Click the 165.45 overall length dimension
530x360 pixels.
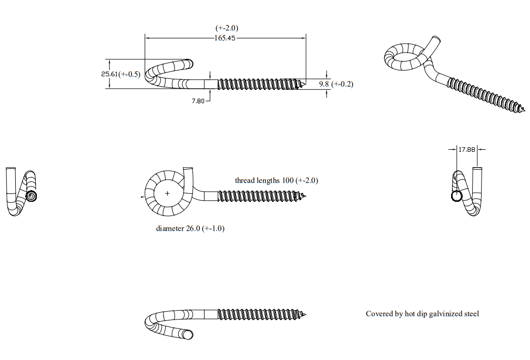click(225, 38)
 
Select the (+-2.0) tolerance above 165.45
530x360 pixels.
click(227, 28)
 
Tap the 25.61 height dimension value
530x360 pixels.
click(109, 74)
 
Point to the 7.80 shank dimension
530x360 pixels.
click(198, 101)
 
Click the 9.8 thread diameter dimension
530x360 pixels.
click(324, 84)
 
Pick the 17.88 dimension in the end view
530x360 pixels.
click(467, 149)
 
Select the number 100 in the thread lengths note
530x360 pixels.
click(288, 180)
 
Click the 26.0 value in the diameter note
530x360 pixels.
click(193, 229)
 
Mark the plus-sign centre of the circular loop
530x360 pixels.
click(167, 193)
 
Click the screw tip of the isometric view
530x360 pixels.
click(524, 110)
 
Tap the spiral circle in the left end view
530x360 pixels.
click(31, 196)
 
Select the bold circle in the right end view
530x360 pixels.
click(456, 196)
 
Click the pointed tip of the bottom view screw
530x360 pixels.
click(305, 315)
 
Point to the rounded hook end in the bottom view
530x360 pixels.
click(189, 335)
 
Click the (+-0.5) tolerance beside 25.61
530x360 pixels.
click(129, 74)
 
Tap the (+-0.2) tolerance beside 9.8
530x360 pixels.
click(342, 84)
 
